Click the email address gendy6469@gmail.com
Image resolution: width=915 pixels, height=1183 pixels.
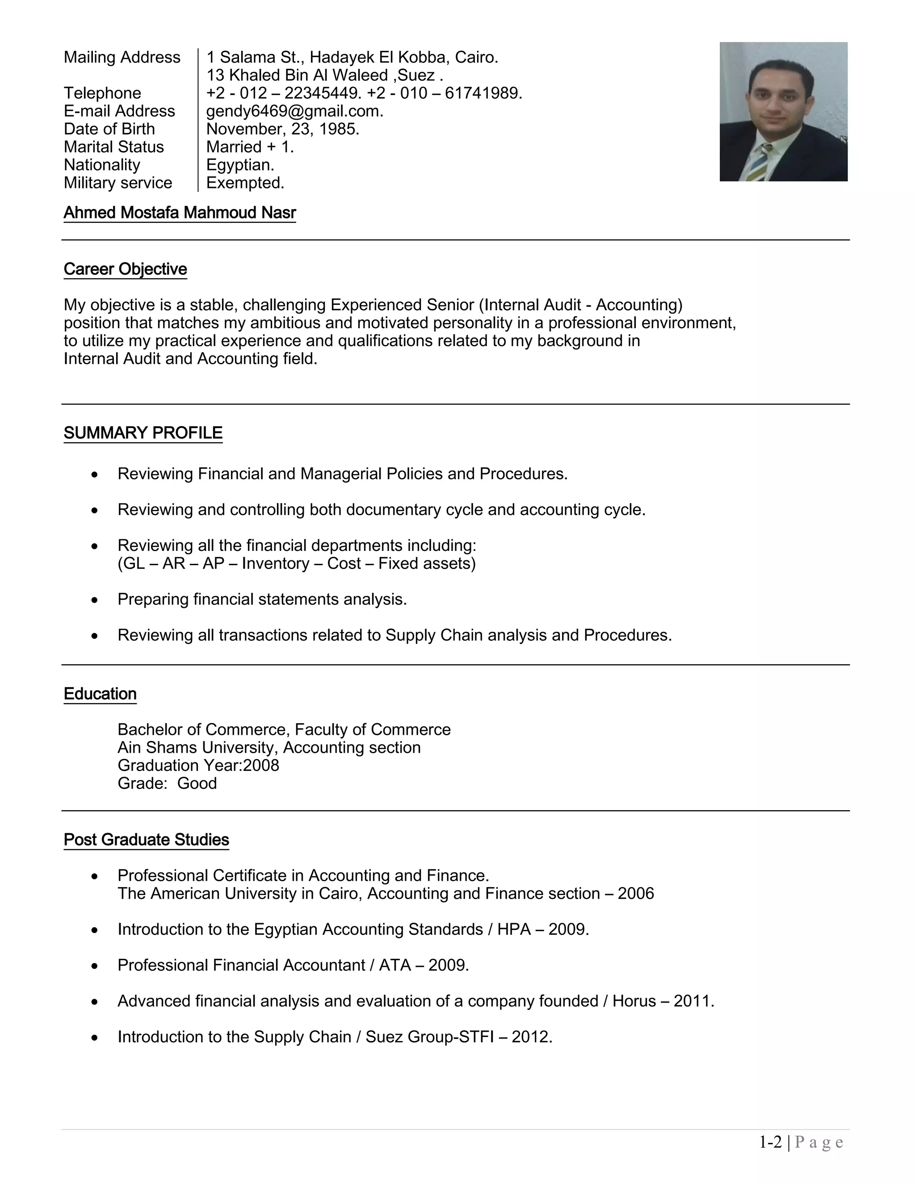coord(294,111)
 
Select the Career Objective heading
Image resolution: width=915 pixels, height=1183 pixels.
coord(125,269)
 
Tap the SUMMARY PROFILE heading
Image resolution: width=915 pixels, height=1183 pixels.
coord(143,433)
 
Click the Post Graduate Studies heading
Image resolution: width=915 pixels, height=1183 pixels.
coord(147,840)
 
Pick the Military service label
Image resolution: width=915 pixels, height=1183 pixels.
coord(118,183)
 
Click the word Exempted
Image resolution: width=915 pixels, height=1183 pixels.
coord(245,183)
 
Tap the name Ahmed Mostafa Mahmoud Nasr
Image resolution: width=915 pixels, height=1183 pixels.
coord(180,213)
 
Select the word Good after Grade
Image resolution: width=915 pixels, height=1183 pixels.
coord(197,783)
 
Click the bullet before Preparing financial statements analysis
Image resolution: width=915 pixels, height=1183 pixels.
coord(95,600)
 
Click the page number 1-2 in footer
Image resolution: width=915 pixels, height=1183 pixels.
coord(770,1142)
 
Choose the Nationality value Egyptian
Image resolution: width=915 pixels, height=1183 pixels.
coord(240,165)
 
